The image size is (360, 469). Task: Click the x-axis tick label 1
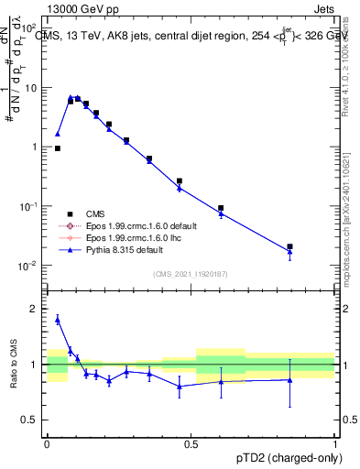coord(335,443)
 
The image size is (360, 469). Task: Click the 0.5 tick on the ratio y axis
coord(34,420)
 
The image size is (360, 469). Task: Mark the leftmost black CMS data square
coord(58,147)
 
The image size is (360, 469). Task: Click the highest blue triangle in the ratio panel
coord(58,320)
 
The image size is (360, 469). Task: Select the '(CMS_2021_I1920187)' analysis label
coord(191,274)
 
